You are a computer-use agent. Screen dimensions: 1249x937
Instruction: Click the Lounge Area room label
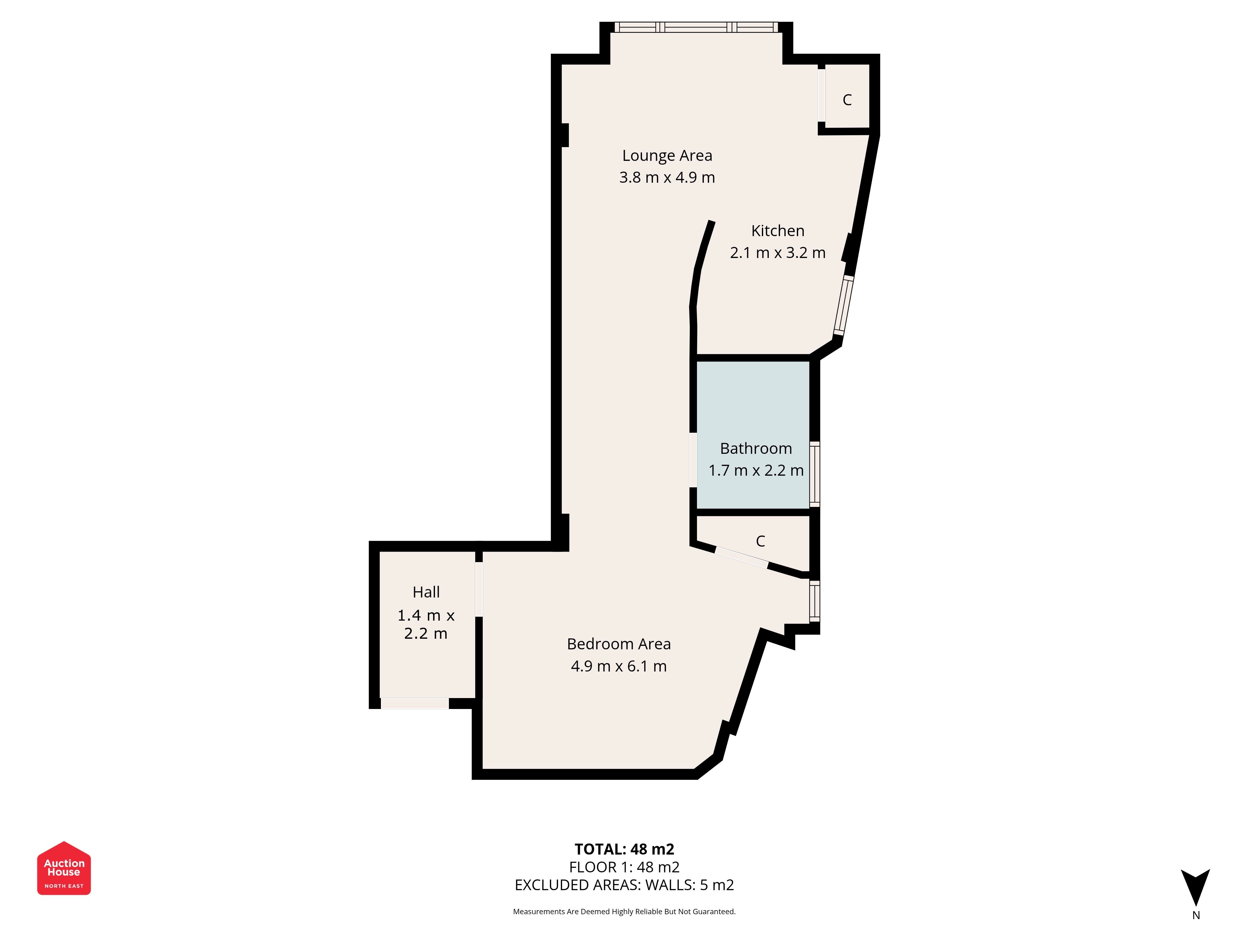coord(667,155)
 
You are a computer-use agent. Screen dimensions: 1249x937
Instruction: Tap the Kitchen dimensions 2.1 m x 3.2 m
coord(778,252)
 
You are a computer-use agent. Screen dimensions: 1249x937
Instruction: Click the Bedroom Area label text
coord(619,644)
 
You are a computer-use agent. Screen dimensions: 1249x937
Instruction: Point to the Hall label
coord(426,592)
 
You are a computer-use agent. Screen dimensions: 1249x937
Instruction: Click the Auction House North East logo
coord(64,868)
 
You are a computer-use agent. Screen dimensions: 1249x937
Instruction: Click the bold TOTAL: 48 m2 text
coord(624,850)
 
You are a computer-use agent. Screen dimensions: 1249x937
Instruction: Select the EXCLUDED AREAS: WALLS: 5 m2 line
coord(624,885)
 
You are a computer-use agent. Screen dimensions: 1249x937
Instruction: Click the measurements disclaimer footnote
coord(624,912)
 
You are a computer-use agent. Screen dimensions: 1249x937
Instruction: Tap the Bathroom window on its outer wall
coord(815,473)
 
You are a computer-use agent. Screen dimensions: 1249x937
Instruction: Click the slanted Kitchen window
coord(844,305)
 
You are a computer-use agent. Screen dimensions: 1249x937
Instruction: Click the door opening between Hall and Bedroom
coord(479,589)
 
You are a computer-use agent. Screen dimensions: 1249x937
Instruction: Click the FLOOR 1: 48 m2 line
coord(624,867)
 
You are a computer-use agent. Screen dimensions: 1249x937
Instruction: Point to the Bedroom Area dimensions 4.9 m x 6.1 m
coord(619,667)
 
